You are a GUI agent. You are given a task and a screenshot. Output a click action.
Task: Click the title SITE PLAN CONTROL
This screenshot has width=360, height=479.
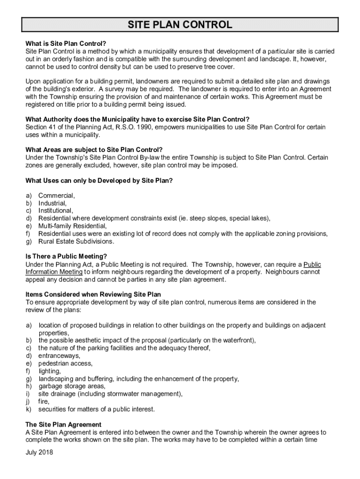(x=180, y=25)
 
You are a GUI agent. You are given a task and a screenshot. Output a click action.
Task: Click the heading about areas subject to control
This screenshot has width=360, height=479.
(x=94, y=150)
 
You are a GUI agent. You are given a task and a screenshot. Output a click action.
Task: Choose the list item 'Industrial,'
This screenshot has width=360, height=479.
(x=52, y=203)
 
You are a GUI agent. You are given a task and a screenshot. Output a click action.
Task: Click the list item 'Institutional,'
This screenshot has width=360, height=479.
(x=56, y=210)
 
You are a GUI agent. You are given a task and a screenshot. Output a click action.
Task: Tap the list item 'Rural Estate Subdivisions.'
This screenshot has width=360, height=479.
(x=76, y=241)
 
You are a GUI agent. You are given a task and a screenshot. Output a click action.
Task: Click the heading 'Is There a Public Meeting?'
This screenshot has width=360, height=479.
(x=66, y=256)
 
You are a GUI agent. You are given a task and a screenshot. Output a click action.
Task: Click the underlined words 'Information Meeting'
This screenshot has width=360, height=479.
(x=54, y=272)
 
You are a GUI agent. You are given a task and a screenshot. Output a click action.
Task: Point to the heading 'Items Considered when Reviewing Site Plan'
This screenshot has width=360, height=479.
(x=93, y=295)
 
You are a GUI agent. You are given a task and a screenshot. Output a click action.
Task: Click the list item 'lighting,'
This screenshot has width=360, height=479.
(x=50, y=371)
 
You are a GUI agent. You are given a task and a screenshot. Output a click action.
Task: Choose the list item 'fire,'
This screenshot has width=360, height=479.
(x=44, y=401)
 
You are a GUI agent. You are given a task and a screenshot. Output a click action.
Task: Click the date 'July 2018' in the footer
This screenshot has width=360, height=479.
(x=40, y=452)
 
